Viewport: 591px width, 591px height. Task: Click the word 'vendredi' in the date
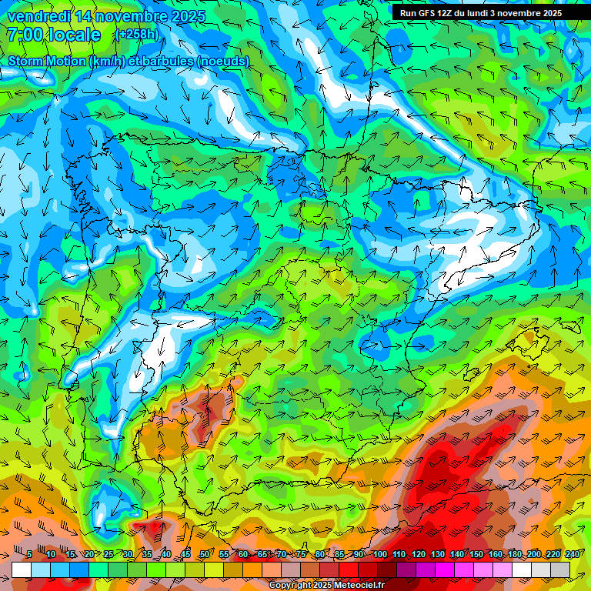pyautogui.click(x=38, y=16)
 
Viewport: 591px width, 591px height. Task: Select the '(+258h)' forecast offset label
pyautogui.click(x=136, y=35)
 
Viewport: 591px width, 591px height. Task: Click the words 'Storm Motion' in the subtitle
pyautogui.click(x=48, y=62)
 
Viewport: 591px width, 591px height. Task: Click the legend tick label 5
pyautogui.click(x=29, y=554)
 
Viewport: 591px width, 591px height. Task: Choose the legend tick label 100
pyautogui.click(x=380, y=554)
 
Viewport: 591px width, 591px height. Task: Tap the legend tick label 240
pyautogui.click(x=571, y=554)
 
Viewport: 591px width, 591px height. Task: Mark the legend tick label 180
pyautogui.click(x=513, y=554)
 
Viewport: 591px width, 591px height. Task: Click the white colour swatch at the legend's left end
pyautogui.click(x=22, y=569)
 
